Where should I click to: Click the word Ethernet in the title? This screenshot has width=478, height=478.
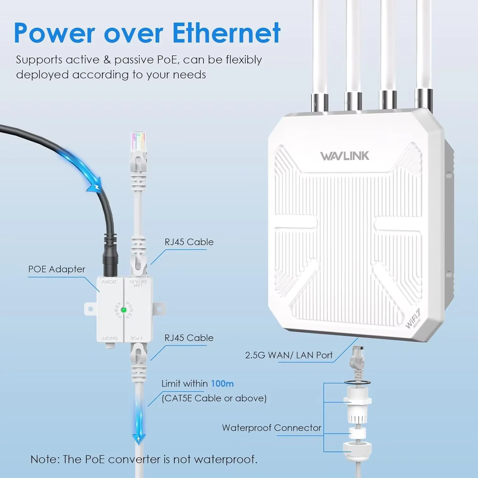coord(226,33)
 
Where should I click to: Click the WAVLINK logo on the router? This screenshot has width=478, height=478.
coord(345,156)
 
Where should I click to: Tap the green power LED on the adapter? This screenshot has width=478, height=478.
coord(124,310)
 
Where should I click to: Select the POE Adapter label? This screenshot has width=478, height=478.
coord(57,269)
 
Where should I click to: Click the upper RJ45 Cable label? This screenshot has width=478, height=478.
coord(189,242)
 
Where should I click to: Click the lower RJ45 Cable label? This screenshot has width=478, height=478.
coord(189,338)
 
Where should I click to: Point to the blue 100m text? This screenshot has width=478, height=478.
coord(222,383)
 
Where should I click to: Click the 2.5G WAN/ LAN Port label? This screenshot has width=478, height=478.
coord(289,355)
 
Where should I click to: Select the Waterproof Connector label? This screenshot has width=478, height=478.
coord(272,428)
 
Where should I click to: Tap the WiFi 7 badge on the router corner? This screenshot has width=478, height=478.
coord(413,319)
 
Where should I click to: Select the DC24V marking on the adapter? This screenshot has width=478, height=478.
coord(109,282)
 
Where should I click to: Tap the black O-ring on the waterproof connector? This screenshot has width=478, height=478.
coord(357,382)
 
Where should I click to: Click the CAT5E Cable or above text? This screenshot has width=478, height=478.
coord(214,398)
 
